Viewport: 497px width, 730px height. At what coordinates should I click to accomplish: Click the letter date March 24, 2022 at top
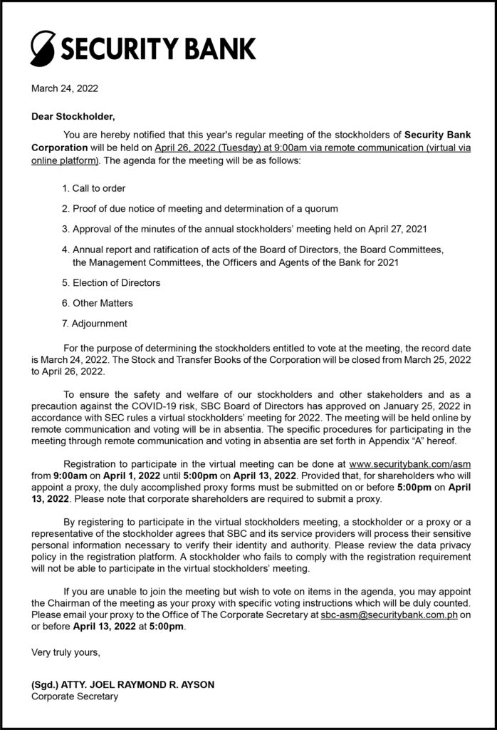pos(64,89)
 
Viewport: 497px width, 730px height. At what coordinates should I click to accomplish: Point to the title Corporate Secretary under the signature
pos(75,696)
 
